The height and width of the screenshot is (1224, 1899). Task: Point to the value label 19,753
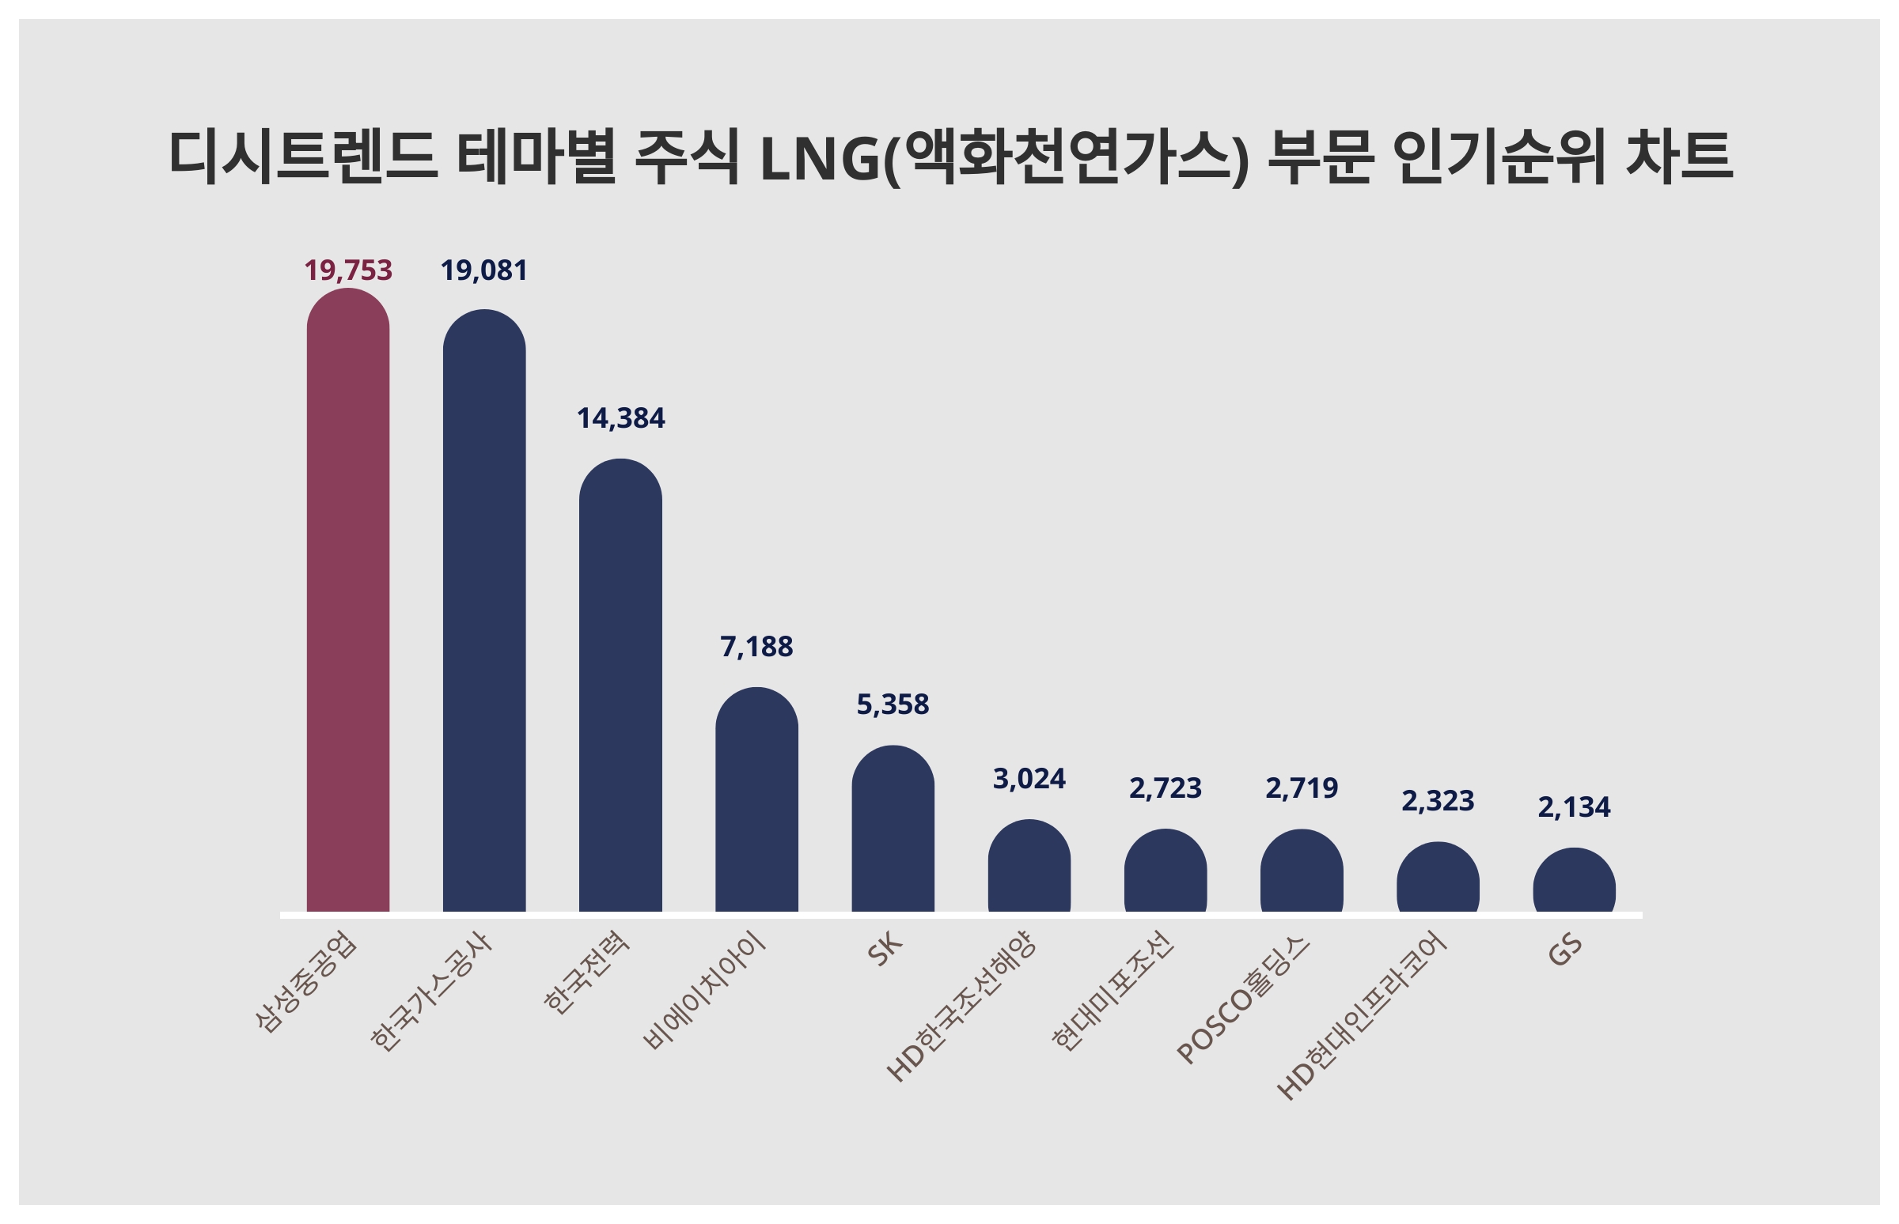347,270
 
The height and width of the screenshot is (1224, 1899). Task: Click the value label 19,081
483,270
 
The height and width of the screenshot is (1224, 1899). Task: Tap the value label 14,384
620,418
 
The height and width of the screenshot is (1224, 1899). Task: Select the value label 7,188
756,647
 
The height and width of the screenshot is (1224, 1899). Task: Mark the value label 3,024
1029,779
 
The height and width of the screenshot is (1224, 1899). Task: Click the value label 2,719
1302,788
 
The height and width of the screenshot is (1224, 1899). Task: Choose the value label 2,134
1574,807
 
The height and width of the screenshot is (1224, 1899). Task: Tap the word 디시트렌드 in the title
302,155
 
